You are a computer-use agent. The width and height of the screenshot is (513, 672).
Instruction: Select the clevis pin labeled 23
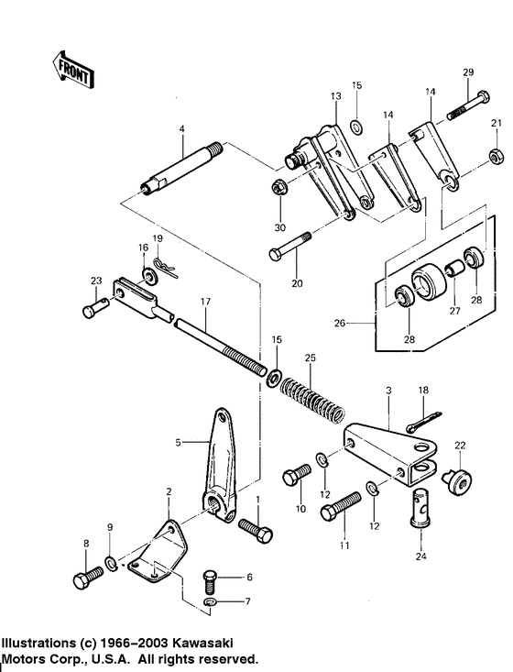tap(95, 311)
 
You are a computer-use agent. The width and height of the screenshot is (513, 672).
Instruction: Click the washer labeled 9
tap(110, 561)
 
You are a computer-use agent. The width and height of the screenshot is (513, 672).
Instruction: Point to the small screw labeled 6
tap(209, 579)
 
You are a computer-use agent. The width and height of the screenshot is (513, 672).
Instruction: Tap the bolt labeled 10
tap(296, 474)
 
